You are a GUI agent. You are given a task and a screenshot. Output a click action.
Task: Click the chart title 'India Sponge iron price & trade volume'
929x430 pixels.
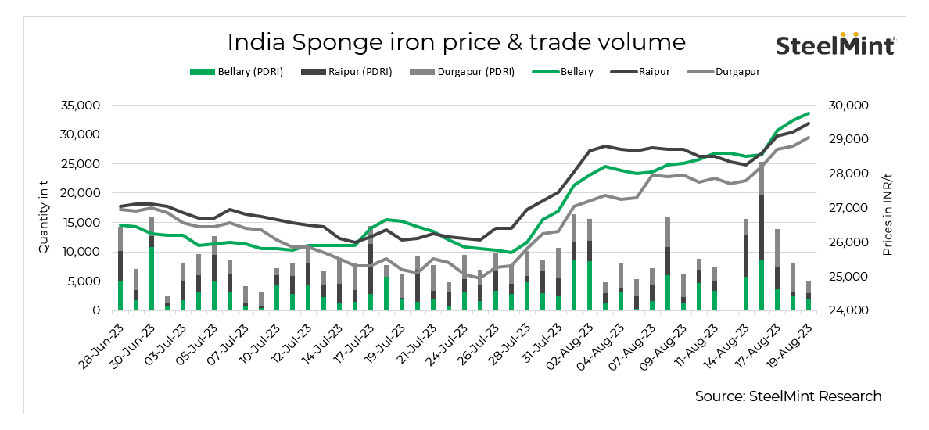[x=456, y=41]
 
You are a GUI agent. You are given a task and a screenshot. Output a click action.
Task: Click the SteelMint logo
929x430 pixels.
[x=835, y=45]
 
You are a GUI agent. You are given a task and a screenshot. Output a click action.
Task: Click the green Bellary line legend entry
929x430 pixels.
[x=562, y=72]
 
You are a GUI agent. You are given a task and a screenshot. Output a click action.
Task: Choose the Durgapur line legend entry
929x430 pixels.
[x=723, y=72]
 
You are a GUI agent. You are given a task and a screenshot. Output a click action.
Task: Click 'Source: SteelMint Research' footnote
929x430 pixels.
[x=787, y=396]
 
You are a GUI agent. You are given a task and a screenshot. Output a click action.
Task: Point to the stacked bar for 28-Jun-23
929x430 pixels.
[x=120, y=270]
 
